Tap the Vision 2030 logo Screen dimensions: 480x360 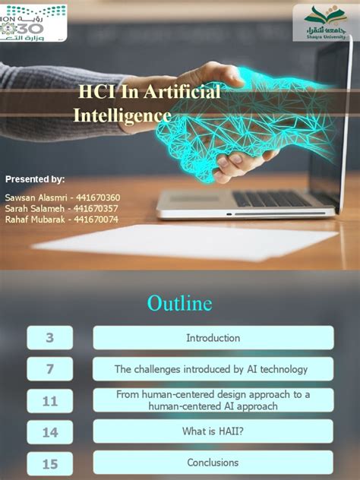(33, 23)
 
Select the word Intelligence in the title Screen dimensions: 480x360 (122, 116)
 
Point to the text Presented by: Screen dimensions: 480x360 (35, 179)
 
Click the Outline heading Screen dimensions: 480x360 (179, 304)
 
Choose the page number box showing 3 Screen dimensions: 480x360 (50, 338)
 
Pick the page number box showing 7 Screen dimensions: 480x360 (50, 369)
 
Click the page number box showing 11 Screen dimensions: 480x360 (50, 401)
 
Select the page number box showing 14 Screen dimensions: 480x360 (50, 432)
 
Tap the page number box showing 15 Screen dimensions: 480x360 (50, 463)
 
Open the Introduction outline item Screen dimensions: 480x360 (213, 338)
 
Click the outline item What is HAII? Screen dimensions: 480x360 (213, 431)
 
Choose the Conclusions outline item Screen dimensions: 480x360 (213, 463)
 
